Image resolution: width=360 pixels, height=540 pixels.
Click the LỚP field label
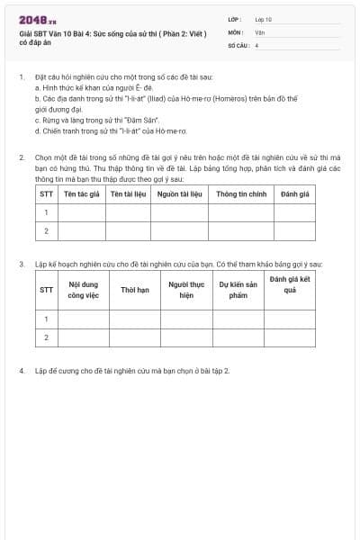235,18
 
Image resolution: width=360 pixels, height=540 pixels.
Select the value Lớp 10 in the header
263,18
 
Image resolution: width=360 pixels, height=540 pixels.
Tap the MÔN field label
235,31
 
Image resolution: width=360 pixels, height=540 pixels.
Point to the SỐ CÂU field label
238,44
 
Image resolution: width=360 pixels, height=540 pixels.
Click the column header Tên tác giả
81,193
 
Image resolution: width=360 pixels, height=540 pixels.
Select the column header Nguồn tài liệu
179,193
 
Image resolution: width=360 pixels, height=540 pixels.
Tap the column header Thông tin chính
240,193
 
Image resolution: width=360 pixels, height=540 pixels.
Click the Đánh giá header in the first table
294,193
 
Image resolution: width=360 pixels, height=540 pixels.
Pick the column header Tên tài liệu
129,193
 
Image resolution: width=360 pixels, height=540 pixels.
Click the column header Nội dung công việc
84,290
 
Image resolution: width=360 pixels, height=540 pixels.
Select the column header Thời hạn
135,290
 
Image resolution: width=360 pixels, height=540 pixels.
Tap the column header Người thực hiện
186,290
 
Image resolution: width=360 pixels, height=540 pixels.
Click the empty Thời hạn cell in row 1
135,319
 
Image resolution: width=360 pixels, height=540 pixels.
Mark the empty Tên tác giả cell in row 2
81,231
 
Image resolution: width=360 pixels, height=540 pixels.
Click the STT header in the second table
46,290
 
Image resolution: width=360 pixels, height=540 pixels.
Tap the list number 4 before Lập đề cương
22,370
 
